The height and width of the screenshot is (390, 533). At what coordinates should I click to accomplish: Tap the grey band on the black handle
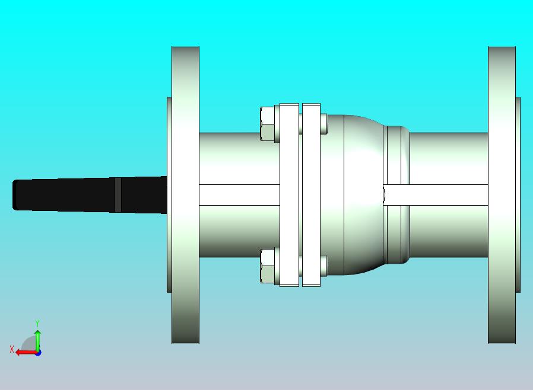coord(118,195)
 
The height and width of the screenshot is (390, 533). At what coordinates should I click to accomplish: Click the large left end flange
coord(185,195)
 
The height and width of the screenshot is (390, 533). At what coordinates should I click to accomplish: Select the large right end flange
coord(502,195)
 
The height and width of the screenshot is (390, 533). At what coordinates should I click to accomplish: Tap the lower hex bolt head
coord(268,266)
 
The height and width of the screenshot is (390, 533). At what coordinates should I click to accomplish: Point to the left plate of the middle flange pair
coord(289,195)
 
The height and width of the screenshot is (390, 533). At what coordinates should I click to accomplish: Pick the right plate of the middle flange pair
coord(312,195)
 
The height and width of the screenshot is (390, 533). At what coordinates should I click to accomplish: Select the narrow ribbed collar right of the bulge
coord(396,195)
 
